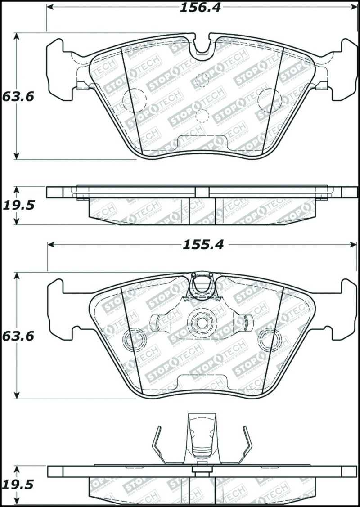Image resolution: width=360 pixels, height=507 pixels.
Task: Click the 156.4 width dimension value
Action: click(201, 8)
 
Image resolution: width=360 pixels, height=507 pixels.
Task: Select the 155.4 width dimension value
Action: click(202, 245)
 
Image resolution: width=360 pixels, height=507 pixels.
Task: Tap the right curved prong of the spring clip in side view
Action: click(246, 443)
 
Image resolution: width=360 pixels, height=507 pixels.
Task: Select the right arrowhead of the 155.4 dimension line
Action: click(354, 245)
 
